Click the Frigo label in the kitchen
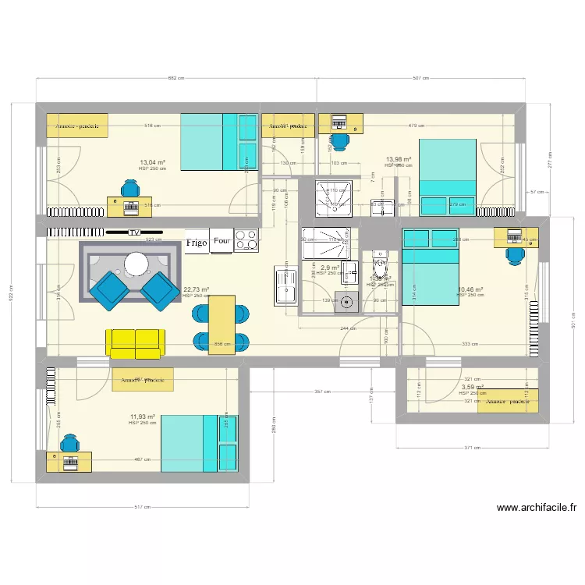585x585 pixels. click(x=196, y=243)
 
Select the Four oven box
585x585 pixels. click(x=222, y=242)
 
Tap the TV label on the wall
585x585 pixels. click(x=134, y=232)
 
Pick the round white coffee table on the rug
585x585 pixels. click(x=137, y=263)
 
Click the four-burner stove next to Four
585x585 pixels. click(x=246, y=240)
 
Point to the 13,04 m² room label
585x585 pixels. click(x=152, y=162)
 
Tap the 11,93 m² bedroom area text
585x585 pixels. click(x=142, y=417)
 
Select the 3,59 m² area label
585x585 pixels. click(x=473, y=387)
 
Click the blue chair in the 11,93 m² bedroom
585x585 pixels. click(x=70, y=445)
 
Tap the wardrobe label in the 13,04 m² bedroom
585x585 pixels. click(x=78, y=126)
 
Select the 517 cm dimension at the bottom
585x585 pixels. click(x=141, y=508)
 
